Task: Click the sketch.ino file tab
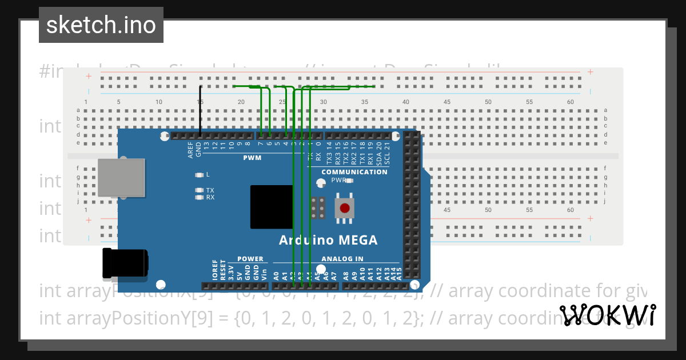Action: tap(101, 25)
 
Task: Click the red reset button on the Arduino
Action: tap(345, 208)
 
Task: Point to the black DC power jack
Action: tap(124, 263)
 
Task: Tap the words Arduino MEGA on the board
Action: tap(328, 240)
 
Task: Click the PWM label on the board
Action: tap(252, 158)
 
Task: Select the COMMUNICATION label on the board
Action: tap(354, 172)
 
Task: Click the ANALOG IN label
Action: tap(342, 259)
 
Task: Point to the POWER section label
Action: tap(250, 259)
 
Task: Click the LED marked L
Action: tap(199, 175)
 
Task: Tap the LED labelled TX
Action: tap(199, 190)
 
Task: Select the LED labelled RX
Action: tap(199, 197)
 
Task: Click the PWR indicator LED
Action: tap(349, 181)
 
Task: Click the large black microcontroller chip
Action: tap(272, 207)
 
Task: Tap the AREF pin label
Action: tap(191, 150)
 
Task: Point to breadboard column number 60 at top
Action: tap(571, 102)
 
